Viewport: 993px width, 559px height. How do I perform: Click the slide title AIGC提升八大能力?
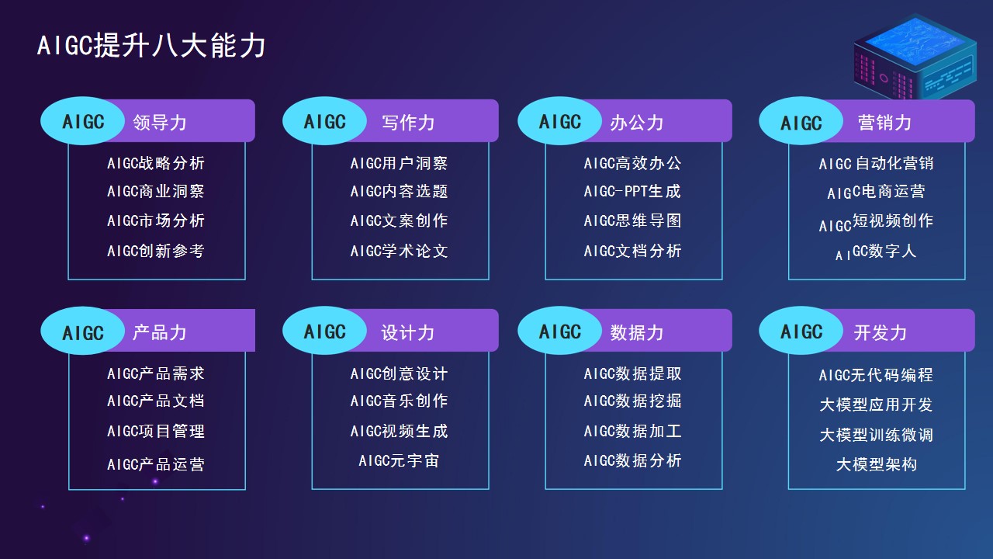tap(151, 46)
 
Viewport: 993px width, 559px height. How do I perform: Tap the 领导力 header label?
tap(160, 123)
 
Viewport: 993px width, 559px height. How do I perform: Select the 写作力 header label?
tap(408, 123)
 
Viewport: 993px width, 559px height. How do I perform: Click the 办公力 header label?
tap(637, 123)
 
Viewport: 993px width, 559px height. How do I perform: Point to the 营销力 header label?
tap(884, 123)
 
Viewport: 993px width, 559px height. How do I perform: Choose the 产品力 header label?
tap(160, 332)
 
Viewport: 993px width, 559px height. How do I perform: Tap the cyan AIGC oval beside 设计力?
tap(324, 331)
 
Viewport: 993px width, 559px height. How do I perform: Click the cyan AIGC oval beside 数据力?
tap(560, 331)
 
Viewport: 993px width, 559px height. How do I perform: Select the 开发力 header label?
tap(881, 332)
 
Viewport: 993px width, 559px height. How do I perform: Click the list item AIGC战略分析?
tap(156, 163)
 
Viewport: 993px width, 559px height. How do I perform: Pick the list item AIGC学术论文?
tap(399, 251)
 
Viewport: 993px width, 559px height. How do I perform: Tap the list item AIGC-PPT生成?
tap(632, 191)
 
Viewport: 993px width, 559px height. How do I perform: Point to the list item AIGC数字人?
tap(876, 252)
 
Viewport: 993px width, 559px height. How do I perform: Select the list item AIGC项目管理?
tap(156, 431)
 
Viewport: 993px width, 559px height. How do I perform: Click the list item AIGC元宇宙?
tap(399, 460)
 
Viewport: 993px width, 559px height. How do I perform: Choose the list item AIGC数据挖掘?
tap(632, 401)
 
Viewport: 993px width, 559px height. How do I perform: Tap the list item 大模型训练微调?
tap(877, 435)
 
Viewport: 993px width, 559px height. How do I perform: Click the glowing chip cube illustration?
tap(915, 57)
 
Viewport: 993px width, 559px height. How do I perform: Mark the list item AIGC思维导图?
tap(632, 220)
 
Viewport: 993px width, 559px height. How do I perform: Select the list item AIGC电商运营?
tap(876, 192)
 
